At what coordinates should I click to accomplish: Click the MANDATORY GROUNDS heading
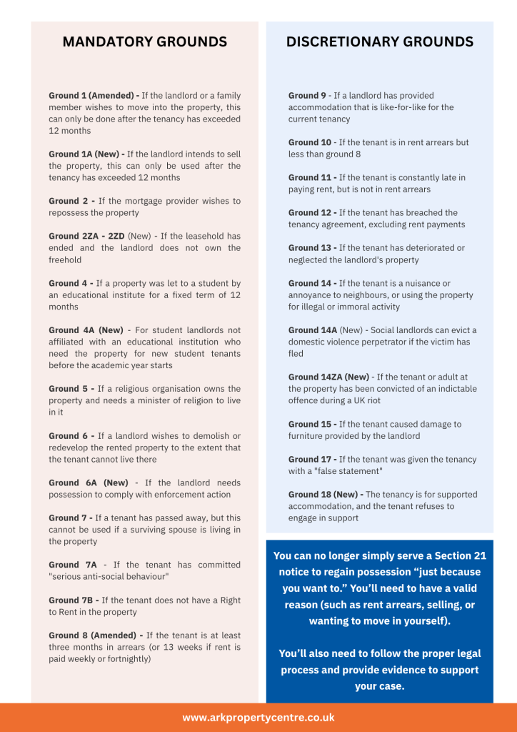click(145, 42)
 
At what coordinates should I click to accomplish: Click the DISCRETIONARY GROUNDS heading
click(379, 42)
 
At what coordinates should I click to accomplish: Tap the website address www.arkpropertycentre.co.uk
click(258, 717)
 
